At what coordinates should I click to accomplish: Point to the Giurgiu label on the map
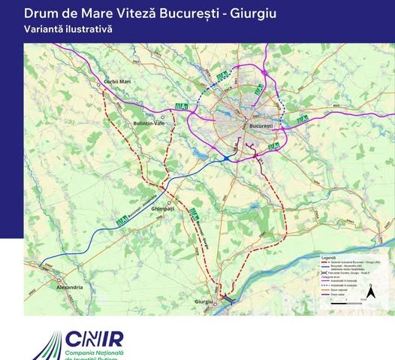tap(204, 301)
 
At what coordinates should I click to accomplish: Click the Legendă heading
tap(328, 256)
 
